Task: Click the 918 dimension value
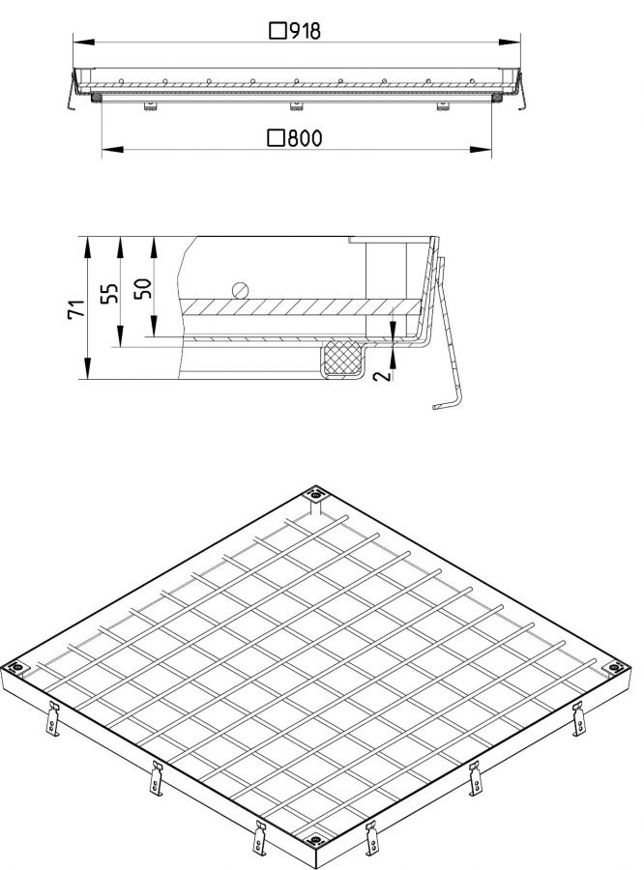(x=305, y=31)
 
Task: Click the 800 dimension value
(x=305, y=138)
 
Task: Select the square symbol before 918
(x=278, y=31)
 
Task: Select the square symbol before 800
(x=276, y=138)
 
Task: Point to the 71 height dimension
(x=76, y=308)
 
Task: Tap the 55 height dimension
(x=110, y=293)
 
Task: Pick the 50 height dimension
(x=143, y=288)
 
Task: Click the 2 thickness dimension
(x=382, y=376)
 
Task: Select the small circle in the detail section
(x=240, y=290)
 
